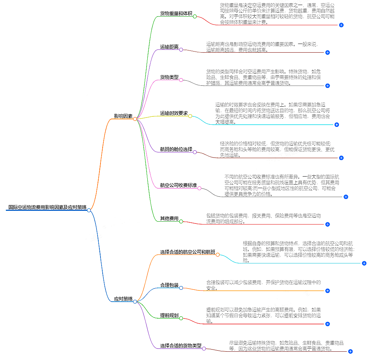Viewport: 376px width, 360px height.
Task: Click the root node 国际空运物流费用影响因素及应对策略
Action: [47, 207]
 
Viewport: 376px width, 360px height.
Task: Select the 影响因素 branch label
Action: [123, 116]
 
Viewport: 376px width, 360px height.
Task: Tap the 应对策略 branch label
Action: [123, 299]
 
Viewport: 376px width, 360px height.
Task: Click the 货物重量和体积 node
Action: [176, 14]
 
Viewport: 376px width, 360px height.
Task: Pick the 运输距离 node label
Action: [169, 47]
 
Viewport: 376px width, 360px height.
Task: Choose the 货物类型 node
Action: [169, 77]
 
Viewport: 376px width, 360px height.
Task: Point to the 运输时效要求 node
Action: [174, 114]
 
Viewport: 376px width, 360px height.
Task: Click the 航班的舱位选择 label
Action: [176, 149]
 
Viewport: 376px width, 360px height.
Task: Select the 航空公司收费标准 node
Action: [178, 186]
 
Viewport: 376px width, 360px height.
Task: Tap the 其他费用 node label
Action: [169, 218]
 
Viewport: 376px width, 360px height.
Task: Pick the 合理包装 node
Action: [169, 285]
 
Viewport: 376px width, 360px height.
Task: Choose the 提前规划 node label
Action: [169, 315]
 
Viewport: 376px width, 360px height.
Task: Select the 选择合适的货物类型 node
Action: [180, 346]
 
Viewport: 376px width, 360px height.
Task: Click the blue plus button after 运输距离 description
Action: [327, 53]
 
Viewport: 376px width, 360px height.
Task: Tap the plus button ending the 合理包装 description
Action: [327, 291]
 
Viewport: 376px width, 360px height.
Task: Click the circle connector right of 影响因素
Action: [135, 119]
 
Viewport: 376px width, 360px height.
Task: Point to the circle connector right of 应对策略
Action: [135, 302]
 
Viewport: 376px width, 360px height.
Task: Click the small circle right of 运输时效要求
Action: [190, 116]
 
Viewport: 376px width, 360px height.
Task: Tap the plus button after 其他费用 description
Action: [327, 224]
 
